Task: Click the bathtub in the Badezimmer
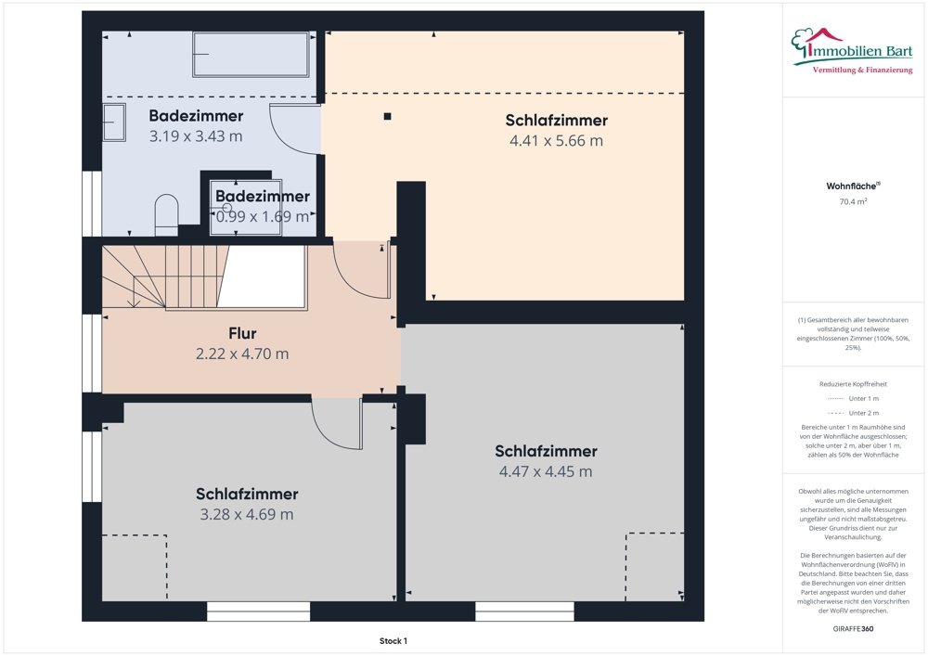click(x=251, y=55)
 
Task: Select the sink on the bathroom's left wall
click(x=114, y=122)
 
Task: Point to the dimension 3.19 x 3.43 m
click(x=196, y=136)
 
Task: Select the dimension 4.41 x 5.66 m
click(x=556, y=141)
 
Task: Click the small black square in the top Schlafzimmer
click(x=387, y=116)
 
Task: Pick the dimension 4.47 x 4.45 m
click(x=546, y=471)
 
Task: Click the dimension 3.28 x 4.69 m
click(x=247, y=514)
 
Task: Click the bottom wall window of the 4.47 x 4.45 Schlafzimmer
click(x=524, y=611)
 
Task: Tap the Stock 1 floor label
click(x=393, y=641)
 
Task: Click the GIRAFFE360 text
click(x=854, y=629)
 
